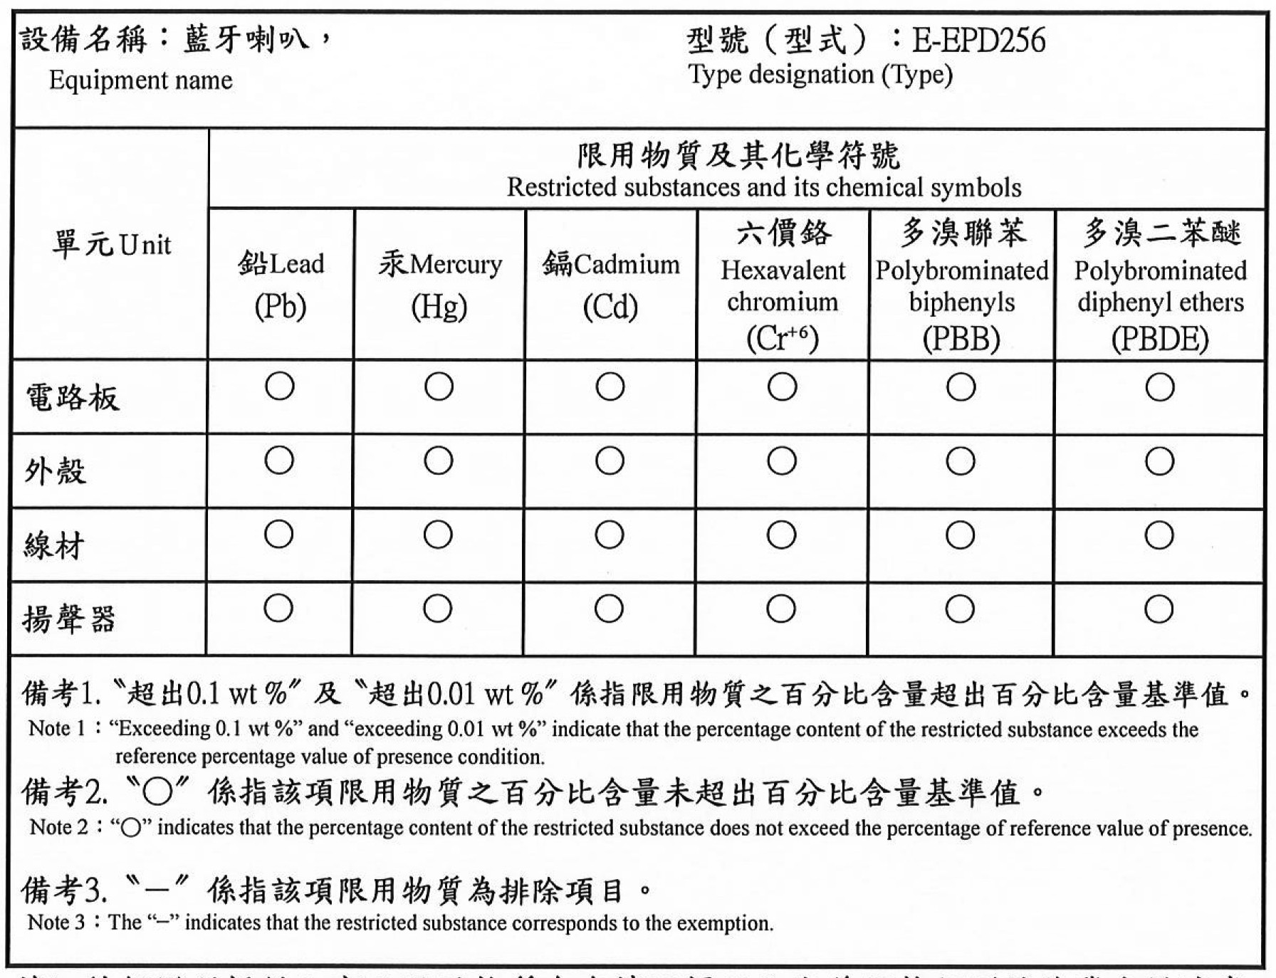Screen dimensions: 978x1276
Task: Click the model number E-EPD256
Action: (x=979, y=41)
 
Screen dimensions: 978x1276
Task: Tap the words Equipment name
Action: (x=140, y=80)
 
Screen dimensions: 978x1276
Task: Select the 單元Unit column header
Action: (x=111, y=245)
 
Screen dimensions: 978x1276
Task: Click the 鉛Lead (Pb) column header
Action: (x=281, y=285)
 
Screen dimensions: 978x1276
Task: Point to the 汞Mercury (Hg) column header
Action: (x=439, y=285)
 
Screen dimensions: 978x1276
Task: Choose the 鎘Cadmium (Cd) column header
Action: (x=610, y=285)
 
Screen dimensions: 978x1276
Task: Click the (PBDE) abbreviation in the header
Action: (x=1160, y=339)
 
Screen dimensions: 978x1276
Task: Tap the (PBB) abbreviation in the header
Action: (x=961, y=339)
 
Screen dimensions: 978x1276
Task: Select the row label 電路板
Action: (x=73, y=398)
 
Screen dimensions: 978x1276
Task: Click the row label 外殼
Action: (x=56, y=471)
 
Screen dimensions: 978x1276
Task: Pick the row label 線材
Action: (x=54, y=546)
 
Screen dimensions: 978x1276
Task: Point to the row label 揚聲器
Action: (x=69, y=619)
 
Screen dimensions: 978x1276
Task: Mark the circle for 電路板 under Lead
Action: (x=280, y=387)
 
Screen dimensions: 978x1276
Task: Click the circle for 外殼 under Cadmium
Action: (x=610, y=461)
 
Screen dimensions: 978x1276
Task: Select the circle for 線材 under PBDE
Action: (x=1159, y=535)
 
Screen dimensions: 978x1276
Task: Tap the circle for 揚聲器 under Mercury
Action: (x=437, y=609)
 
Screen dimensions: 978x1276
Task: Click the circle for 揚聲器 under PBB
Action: (x=960, y=609)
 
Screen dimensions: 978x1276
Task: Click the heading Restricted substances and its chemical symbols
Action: (x=763, y=187)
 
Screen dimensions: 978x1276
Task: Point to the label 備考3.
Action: (x=64, y=890)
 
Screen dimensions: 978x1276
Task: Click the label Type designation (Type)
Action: (x=820, y=75)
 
